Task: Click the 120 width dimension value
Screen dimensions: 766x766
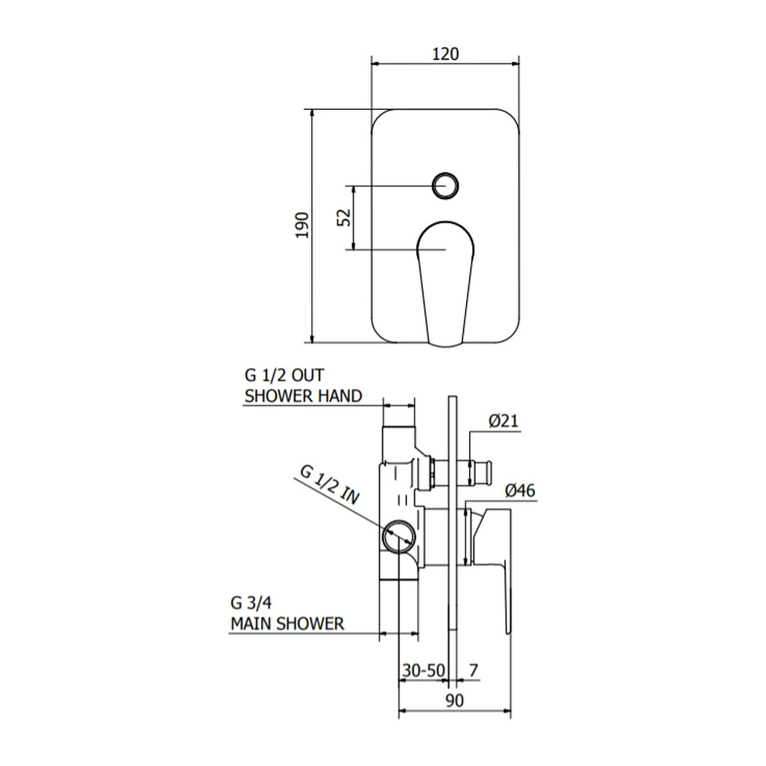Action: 446,53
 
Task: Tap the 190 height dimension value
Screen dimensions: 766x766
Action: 303,225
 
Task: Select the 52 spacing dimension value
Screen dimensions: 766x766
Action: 344,218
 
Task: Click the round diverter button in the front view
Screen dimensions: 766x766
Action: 445,186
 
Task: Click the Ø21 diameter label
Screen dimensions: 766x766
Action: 503,420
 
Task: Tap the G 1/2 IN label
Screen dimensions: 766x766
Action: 330,485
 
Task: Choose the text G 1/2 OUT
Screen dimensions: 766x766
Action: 284,376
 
